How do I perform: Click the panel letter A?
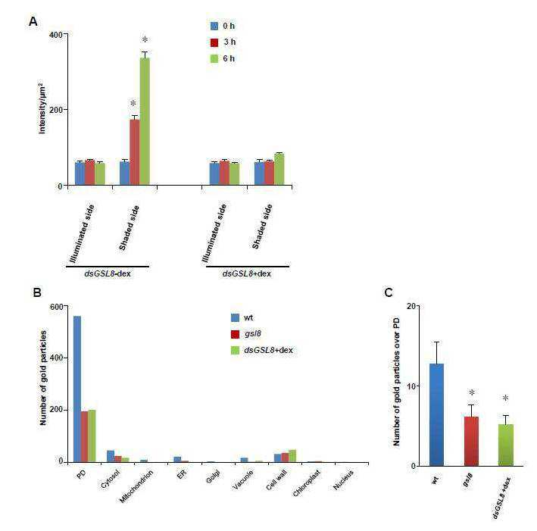click(33, 21)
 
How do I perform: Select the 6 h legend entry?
click(223, 58)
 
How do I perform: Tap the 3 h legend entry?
click(223, 42)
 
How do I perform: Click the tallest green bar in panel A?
click(145, 122)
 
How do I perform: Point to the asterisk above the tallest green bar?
click(145, 40)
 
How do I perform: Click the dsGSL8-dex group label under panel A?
click(108, 274)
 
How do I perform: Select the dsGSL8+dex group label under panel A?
click(247, 274)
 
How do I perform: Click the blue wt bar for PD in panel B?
click(77, 389)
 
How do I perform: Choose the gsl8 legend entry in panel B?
click(246, 333)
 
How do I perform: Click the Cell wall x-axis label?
click(276, 479)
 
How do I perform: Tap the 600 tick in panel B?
click(57, 307)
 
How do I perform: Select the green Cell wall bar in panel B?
click(292, 456)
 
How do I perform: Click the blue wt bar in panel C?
click(436, 414)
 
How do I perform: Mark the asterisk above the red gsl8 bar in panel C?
click(472, 393)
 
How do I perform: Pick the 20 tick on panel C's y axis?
click(411, 306)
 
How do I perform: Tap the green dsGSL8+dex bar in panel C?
click(506, 445)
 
